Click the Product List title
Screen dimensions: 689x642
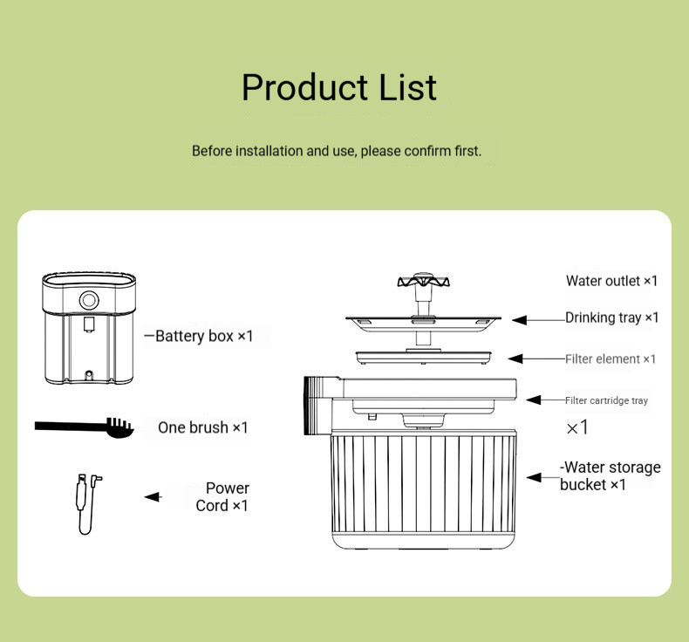point(339,87)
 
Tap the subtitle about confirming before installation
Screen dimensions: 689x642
point(337,151)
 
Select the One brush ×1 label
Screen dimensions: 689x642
point(203,427)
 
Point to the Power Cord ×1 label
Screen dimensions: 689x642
point(222,497)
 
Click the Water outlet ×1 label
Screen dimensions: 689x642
point(611,281)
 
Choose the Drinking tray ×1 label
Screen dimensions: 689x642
point(612,318)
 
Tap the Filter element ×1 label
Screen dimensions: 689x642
point(611,359)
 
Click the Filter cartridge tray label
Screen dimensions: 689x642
point(606,400)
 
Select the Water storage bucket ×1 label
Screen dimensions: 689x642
point(610,476)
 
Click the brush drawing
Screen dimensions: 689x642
point(85,427)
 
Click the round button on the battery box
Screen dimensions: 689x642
point(89,300)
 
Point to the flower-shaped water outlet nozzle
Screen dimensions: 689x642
point(423,281)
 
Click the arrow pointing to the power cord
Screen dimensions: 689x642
point(153,496)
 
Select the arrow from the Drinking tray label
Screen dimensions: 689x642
point(538,320)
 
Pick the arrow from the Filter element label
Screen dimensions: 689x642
point(536,359)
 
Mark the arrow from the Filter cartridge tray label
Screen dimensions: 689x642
point(545,400)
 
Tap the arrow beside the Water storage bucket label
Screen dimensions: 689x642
point(543,477)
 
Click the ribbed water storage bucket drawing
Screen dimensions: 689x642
point(423,489)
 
